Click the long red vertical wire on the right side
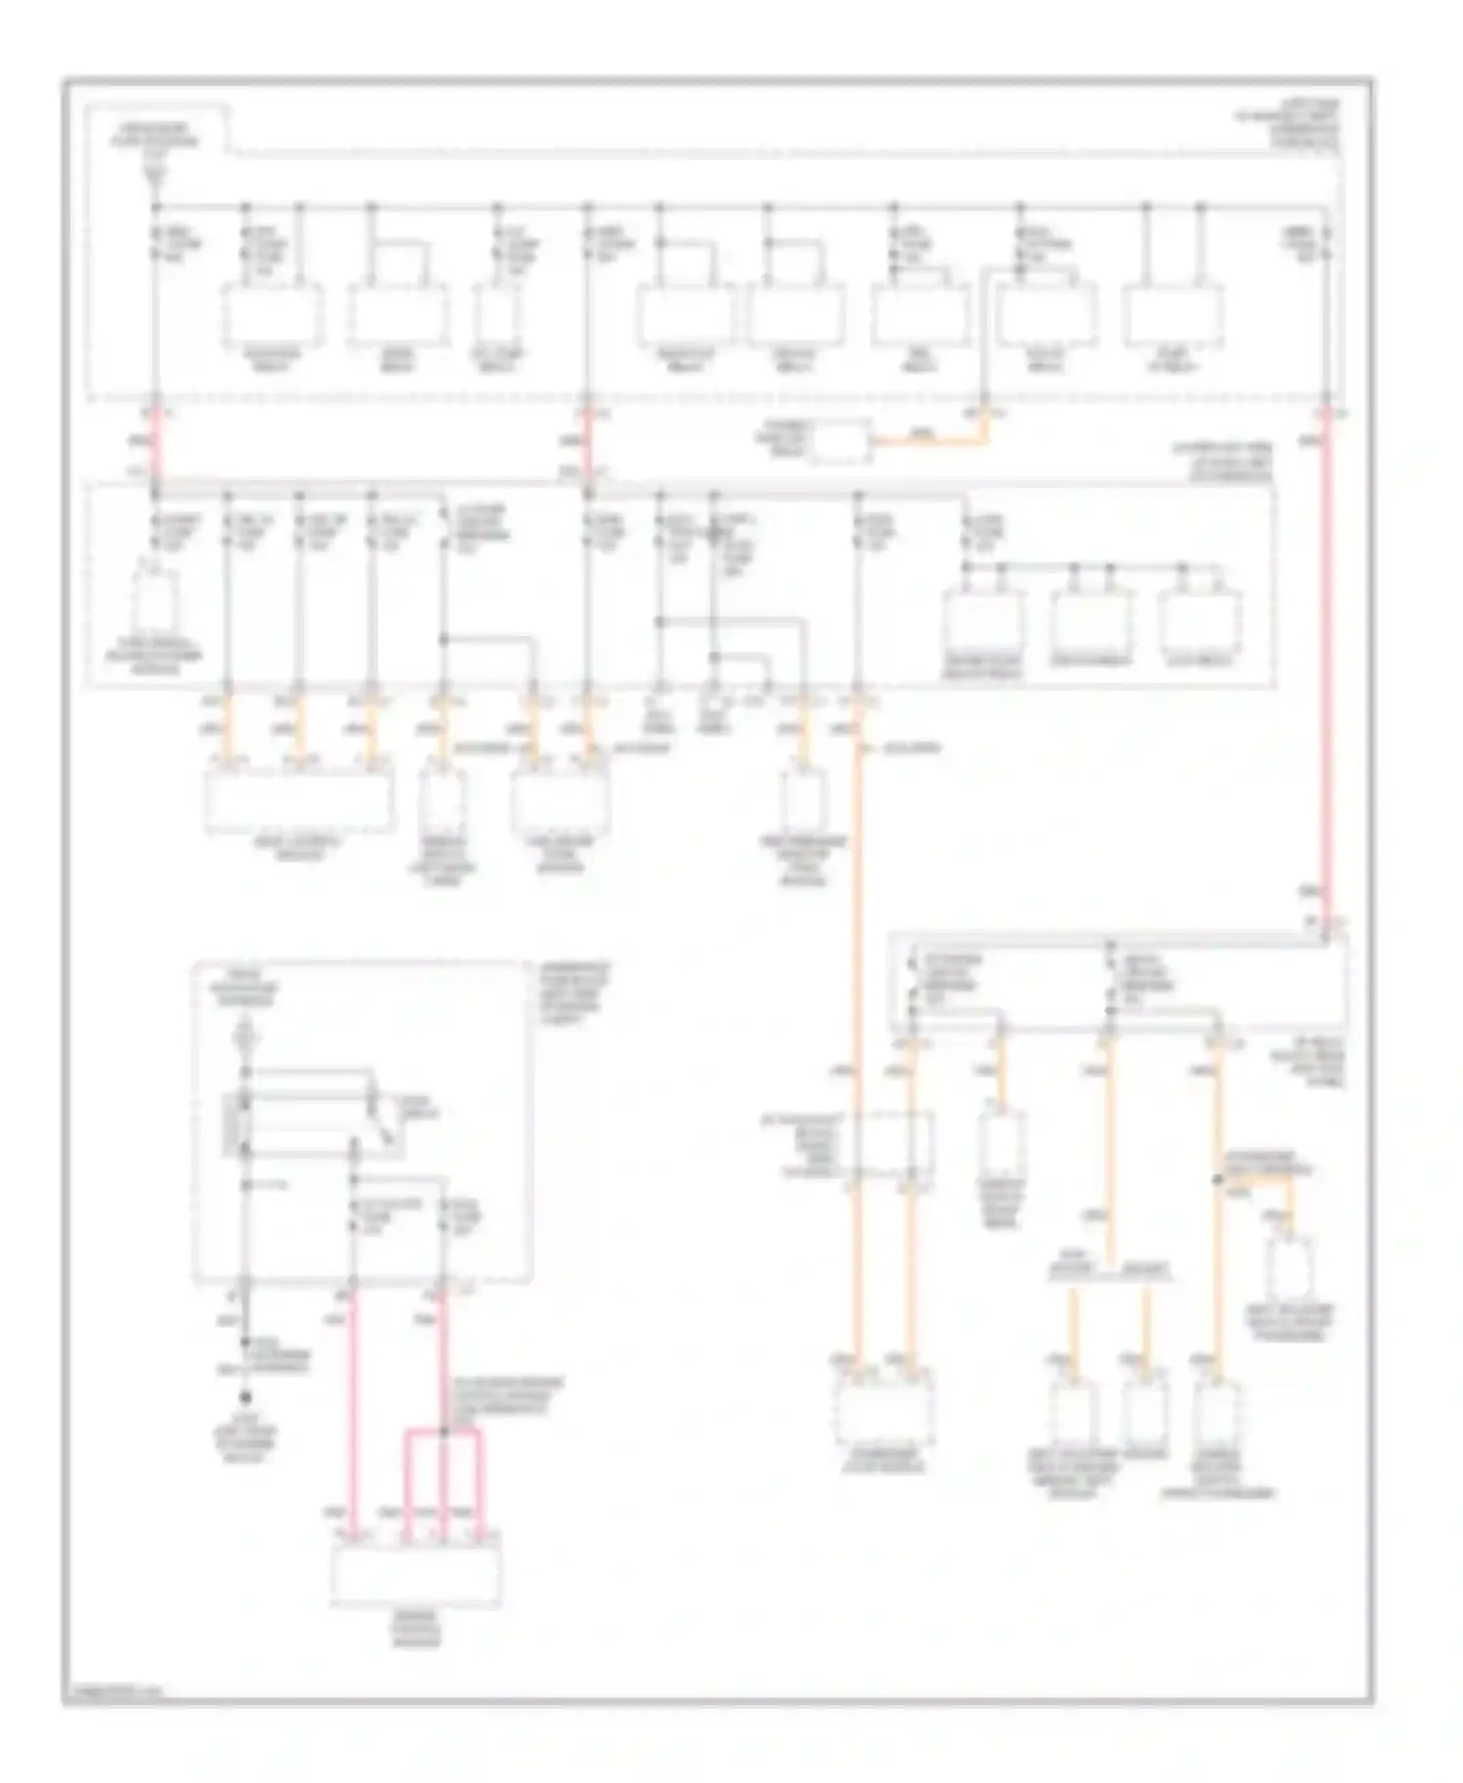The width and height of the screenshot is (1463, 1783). click(x=1326, y=663)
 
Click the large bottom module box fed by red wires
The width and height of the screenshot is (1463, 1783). click(x=416, y=1573)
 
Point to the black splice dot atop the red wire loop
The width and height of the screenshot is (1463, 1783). click(x=444, y=1431)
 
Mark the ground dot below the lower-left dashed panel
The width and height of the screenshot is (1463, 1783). click(x=245, y=1397)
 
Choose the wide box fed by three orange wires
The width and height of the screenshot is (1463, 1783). click(x=299, y=800)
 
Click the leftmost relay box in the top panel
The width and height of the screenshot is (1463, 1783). click(x=272, y=315)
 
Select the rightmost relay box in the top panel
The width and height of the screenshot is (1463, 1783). click(x=1173, y=315)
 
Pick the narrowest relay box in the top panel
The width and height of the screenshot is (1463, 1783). click(x=498, y=315)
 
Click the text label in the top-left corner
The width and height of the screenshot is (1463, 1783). click(x=156, y=137)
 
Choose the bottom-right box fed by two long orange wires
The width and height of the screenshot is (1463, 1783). click(x=883, y=1409)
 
